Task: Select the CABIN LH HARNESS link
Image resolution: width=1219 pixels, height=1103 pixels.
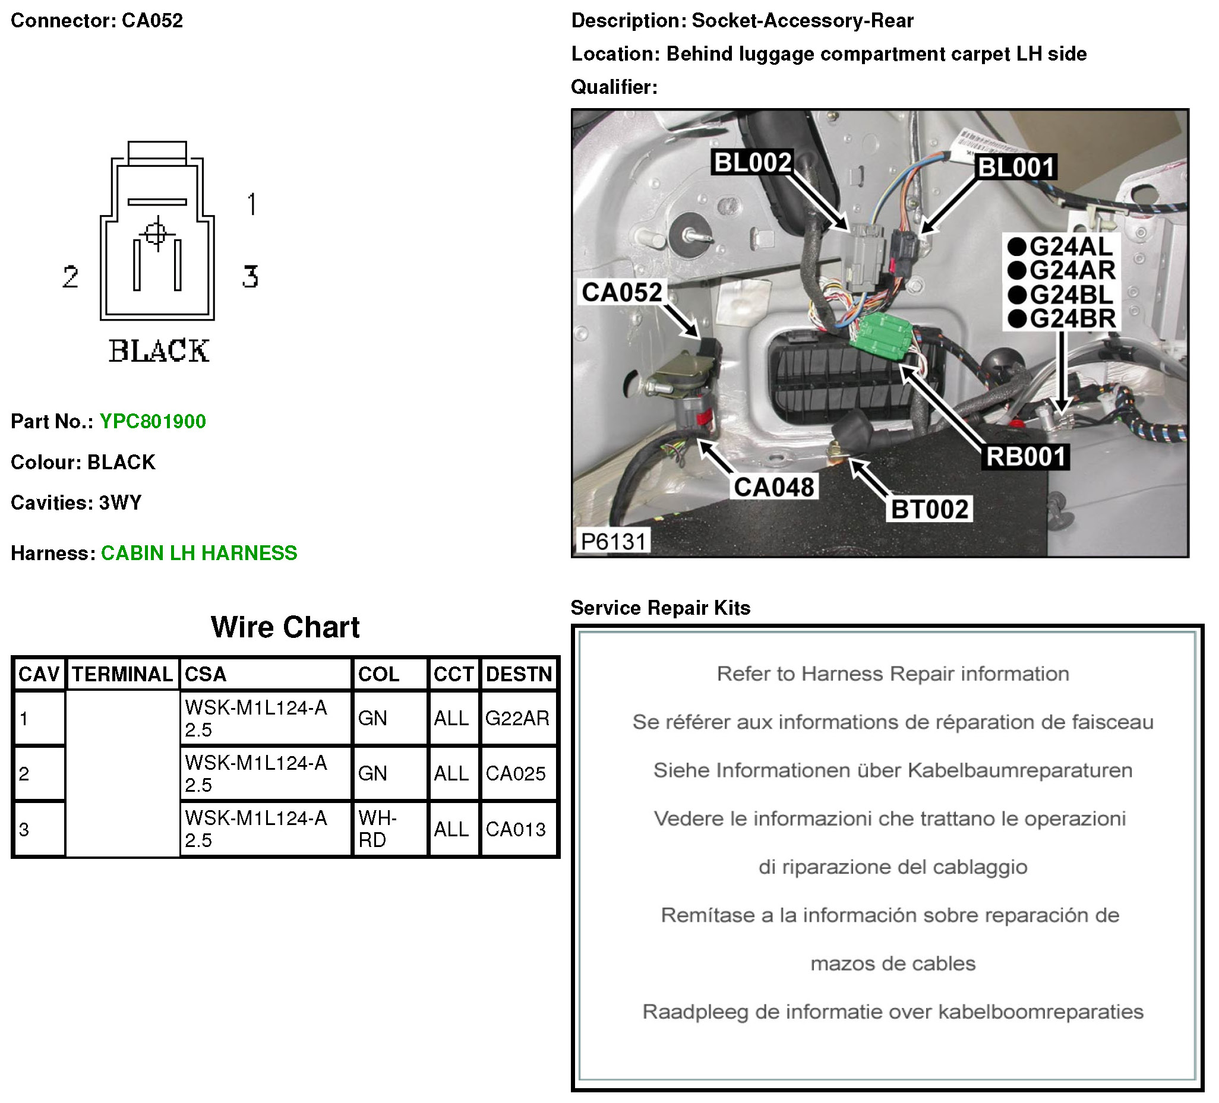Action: tap(199, 554)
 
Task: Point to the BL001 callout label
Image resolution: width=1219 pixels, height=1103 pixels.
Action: tap(1016, 167)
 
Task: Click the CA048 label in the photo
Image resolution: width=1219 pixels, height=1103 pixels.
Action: tap(774, 488)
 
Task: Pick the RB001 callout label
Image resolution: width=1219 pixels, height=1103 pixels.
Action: tap(1026, 457)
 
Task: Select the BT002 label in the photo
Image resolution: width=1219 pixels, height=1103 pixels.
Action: tap(930, 510)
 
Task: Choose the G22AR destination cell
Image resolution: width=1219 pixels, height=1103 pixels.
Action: tap(517, 718)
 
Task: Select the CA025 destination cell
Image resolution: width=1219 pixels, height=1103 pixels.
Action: tap(516, 774)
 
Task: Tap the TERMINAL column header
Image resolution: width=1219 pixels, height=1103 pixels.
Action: tap(123, 674)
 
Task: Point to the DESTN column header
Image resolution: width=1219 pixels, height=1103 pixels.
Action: tap(519, 674)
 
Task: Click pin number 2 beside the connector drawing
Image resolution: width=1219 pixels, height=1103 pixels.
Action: tap(71, 277)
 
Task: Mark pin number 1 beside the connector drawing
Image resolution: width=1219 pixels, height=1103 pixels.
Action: tap(252, 204)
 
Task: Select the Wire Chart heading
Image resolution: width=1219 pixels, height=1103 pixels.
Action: tap(285, 628)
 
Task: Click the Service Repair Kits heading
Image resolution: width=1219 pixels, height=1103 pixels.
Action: tap(661, 608)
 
